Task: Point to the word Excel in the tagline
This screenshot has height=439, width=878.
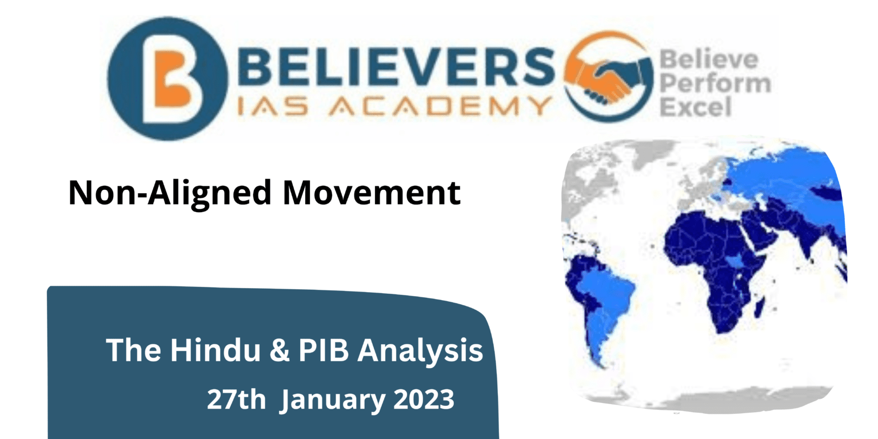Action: point(696,107)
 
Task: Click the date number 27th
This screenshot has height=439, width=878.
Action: point(236,400)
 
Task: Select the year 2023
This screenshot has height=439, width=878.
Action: point(423,400)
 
